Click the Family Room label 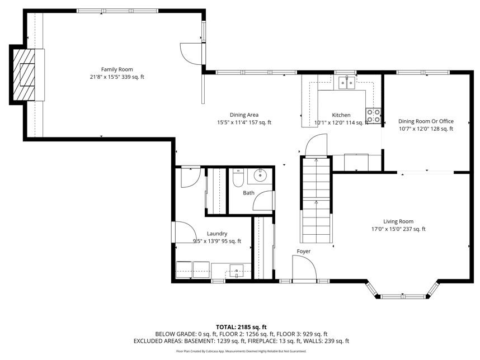tap(117, 69)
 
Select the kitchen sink tap(346, 83)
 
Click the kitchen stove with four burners tap(374, 116)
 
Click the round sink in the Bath tap(261, 176)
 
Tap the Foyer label tap(303, 251)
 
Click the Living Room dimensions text tap(398, 229)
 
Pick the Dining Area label tap(244, 115)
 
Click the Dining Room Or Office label tap(426, 121)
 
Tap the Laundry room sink tap(236, 271)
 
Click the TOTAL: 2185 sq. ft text tap(241, 327)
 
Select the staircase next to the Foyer tap(316, 200)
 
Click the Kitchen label tap(341, 115)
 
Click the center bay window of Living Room tap(401, 296)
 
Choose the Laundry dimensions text tap(217, 241)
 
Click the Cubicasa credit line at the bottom tap(241, 352)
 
